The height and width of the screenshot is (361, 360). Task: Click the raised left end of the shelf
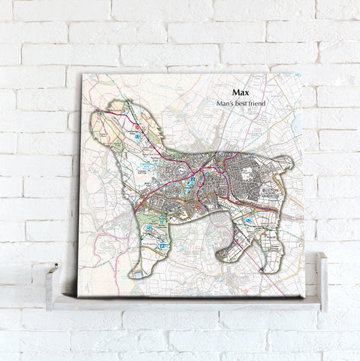(x=52, y=282)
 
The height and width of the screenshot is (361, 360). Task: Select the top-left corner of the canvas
(x=81, y=74)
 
